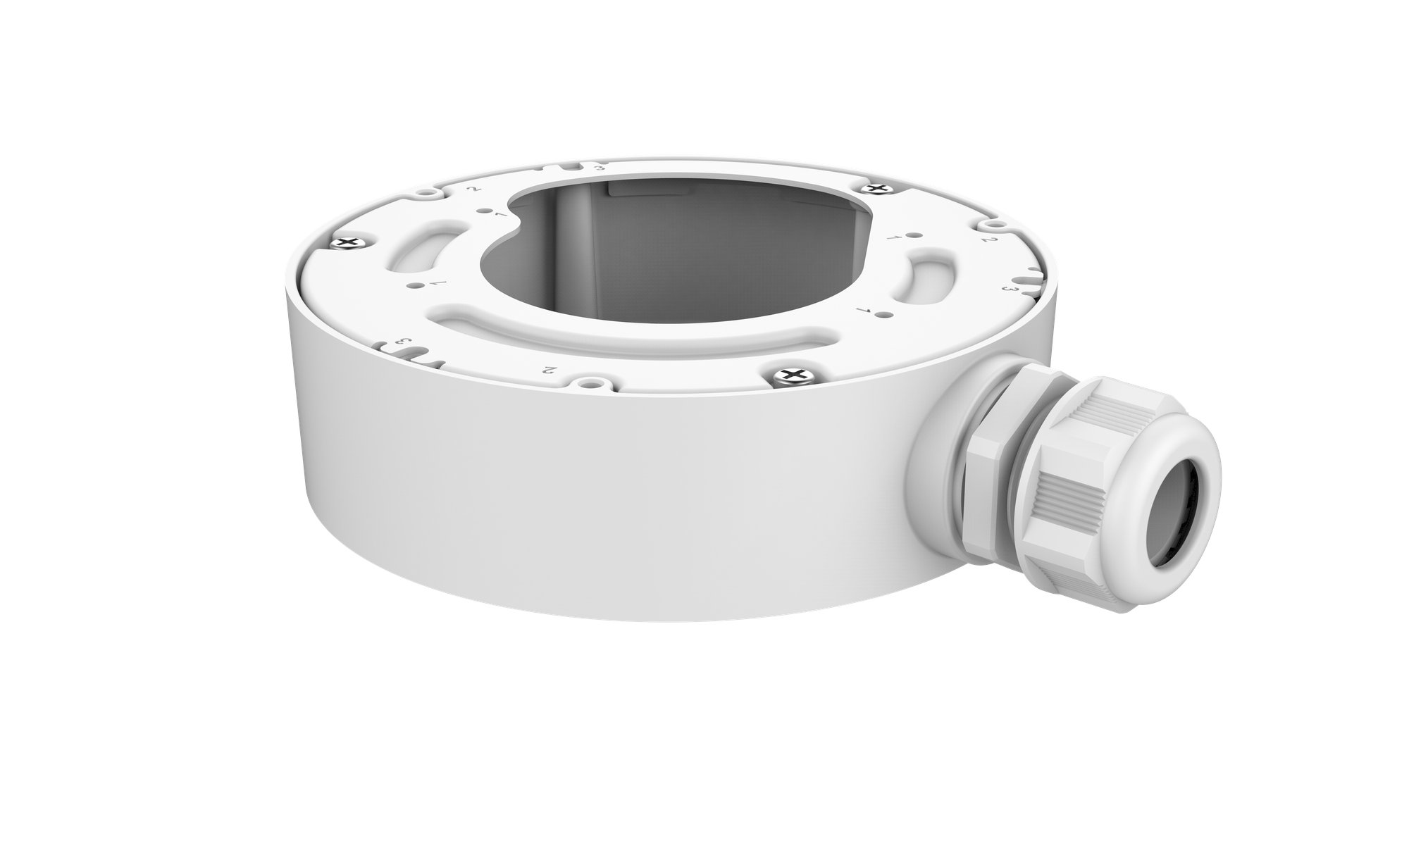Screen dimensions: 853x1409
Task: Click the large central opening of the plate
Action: click(676, 247)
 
